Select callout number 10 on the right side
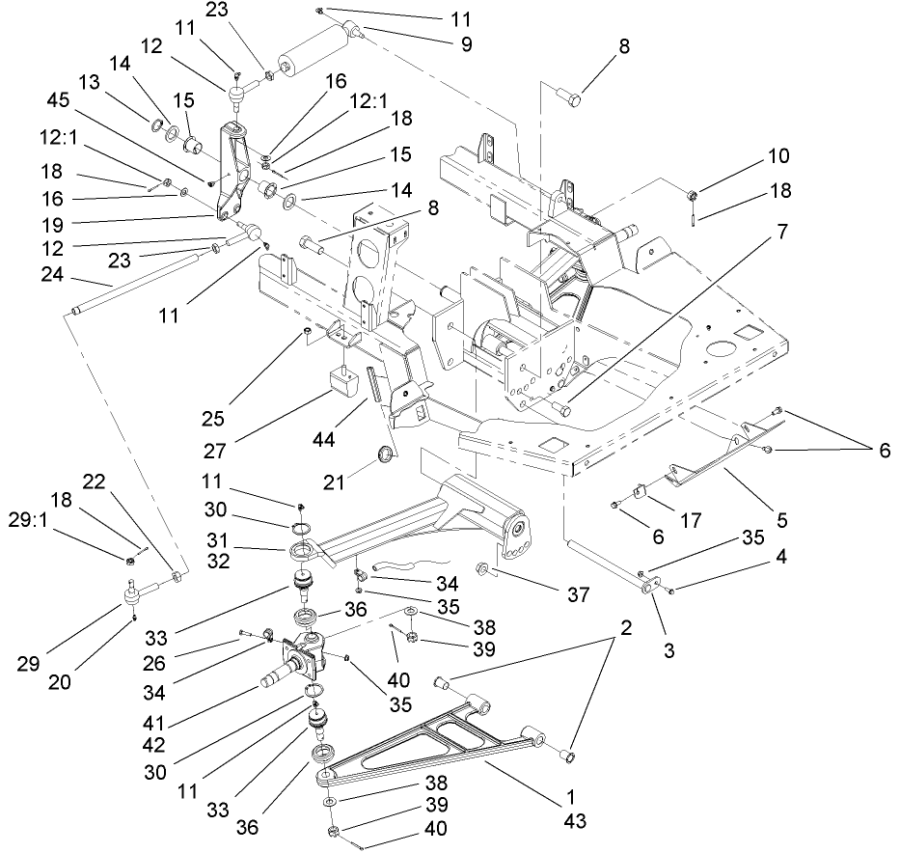pyautogui.click(x=778, y=156)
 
